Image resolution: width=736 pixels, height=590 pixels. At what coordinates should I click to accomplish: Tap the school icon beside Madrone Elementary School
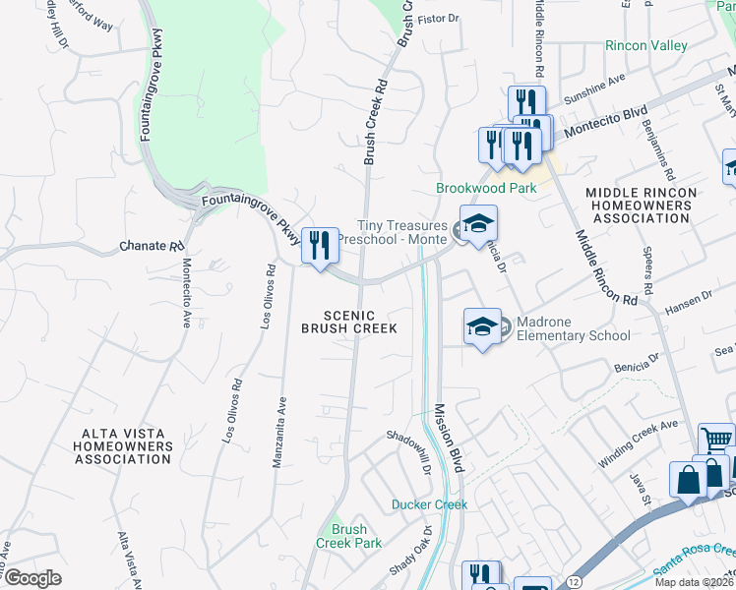483,328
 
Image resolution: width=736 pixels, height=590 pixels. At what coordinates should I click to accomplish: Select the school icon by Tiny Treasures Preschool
478,225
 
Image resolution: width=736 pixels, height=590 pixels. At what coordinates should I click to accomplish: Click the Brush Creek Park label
348,536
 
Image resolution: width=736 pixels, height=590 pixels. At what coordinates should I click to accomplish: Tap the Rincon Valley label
645,46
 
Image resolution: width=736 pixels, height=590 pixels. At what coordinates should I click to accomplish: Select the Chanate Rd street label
152,246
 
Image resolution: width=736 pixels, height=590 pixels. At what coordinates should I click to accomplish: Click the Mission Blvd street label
448,438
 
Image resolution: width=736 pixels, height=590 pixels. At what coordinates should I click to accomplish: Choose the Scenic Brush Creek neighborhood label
349,322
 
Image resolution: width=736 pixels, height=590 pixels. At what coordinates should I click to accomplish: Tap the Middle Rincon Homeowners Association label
641,205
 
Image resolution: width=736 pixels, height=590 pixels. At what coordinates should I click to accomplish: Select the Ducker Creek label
429,504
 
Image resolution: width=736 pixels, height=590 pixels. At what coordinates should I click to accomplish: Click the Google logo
32,578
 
